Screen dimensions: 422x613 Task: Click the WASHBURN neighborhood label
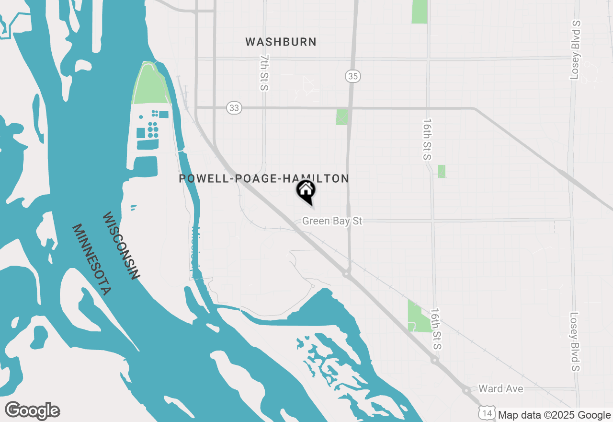(x=281, y=42)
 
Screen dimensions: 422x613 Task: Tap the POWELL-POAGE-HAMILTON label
(x=263, y=179)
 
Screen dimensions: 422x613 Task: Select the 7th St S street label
(x=264, y=72)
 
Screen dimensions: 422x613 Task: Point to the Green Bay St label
(x=332, y=221)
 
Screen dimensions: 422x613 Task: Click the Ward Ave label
(x=501, y=388)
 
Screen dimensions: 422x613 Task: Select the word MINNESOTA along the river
(x=91, y=259)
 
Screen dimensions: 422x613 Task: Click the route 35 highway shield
(x=352, y=76)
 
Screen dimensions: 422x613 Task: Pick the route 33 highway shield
(x=234, y=108)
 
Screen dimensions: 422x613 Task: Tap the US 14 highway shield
(x=487, y=412)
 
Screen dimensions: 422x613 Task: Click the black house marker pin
(x=306, y=191)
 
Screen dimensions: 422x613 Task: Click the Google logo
(x=32, y=411)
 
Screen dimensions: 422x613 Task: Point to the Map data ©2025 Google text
(x=554, y=415)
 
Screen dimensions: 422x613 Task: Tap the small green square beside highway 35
(x=342, y=117)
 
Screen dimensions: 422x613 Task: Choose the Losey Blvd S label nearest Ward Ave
(x=575, y=342)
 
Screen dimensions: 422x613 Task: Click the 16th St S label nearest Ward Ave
(x=435, y=329)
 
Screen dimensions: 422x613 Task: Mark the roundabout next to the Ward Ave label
(x=466, y=391)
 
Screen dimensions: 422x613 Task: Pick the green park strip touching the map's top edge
(x=420, y=12)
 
